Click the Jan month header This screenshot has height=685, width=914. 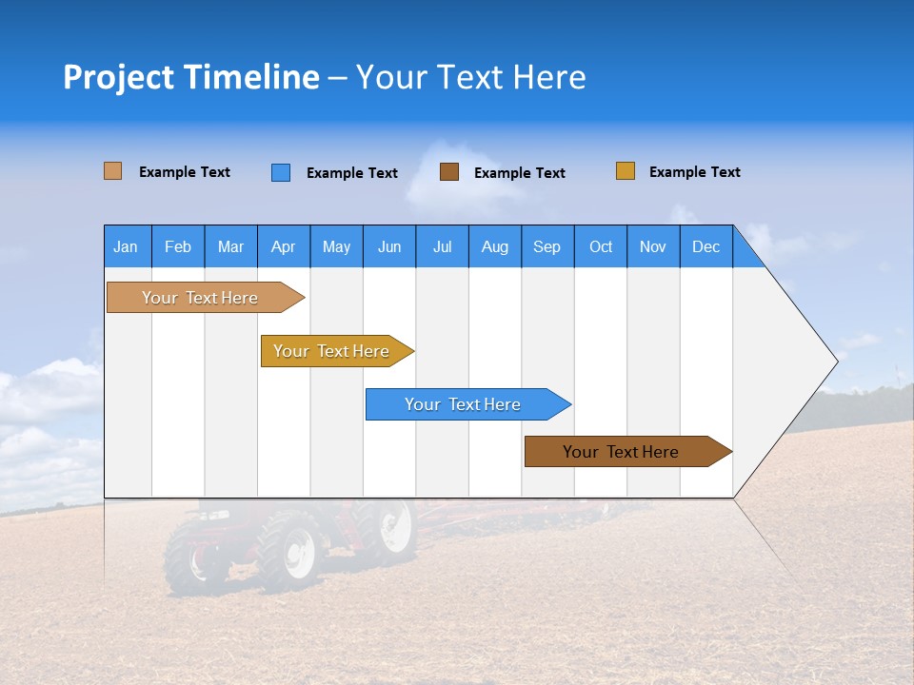(126, 247)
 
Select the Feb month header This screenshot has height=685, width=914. (178, 247)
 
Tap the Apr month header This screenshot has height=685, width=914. (283, 247)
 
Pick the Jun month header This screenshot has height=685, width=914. (389, 247)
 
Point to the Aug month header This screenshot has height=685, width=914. (495, 247)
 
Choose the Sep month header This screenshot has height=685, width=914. (546, 247)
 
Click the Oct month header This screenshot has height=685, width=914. (601, 247)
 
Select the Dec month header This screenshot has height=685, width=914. (706, 247)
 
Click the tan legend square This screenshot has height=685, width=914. (112, 171)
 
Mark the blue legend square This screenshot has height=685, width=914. (281, 172)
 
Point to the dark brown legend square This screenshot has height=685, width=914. (449, 172)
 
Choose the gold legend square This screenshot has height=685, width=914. (626, 171)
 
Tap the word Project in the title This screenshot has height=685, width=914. (118, 77)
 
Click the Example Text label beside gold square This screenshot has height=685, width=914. (694, 172)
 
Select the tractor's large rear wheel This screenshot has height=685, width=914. (291, 549)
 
